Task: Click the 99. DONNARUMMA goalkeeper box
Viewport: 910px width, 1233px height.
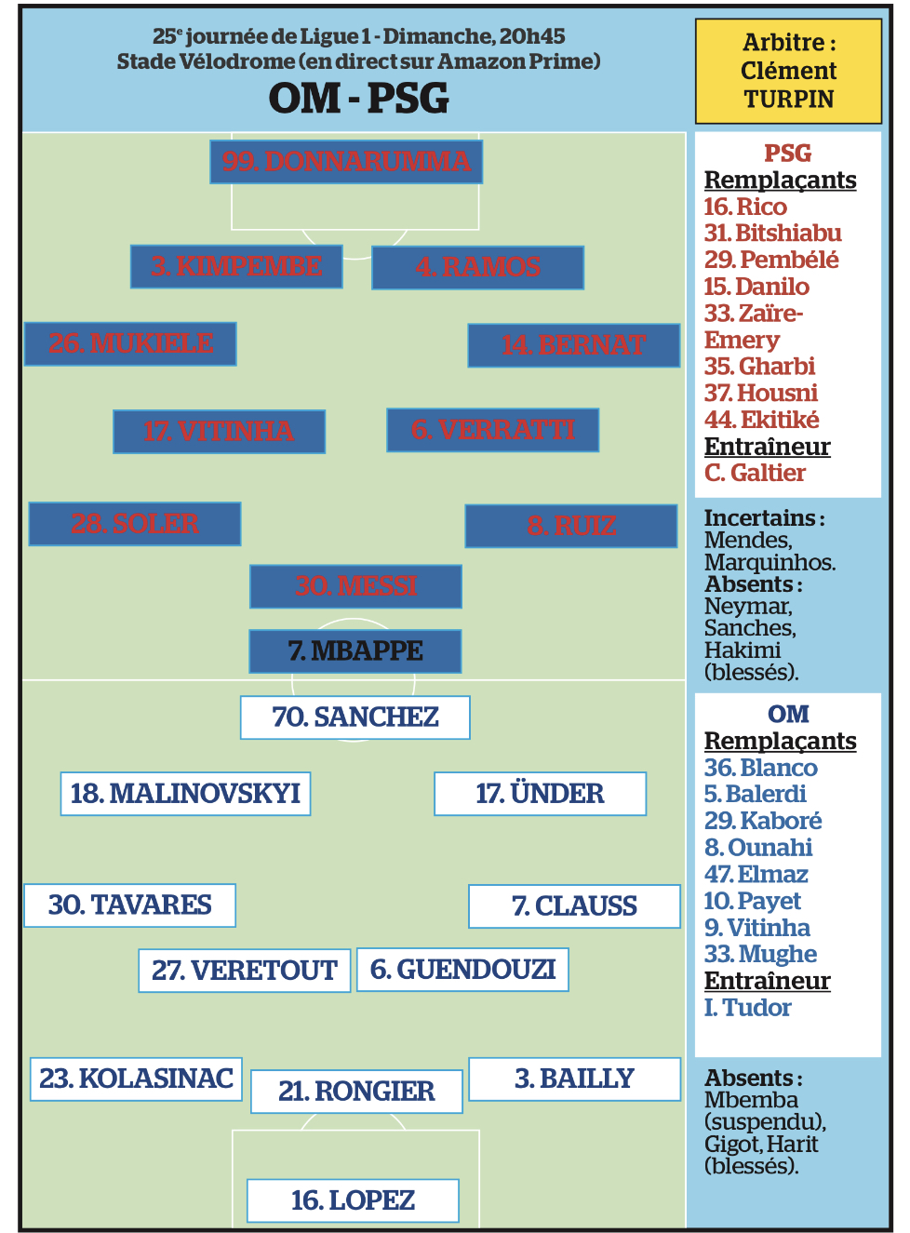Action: [x=346, y=162]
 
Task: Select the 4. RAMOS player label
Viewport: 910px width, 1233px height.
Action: [x=477, y=268]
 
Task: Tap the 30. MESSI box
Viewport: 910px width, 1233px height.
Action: [x=355, y=586]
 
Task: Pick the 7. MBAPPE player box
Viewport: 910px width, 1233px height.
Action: [x=355, y=651]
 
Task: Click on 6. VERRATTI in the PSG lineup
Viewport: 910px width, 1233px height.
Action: [x=492, y=430]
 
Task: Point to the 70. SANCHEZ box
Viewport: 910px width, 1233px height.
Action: [x=355, y=717]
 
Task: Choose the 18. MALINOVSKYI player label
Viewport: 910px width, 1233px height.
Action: [x=185, y=794]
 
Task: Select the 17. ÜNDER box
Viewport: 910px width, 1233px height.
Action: [x=540, y=794]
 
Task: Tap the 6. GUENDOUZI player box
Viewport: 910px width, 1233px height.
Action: [x=462, y=970]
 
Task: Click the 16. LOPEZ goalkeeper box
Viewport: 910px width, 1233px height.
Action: [x=353, y=1200]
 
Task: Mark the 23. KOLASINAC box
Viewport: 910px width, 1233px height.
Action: [x=136, y=1079]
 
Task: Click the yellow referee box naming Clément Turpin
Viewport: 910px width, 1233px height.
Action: [x=788, y=71]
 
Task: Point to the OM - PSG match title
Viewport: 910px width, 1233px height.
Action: [x=358, y=99]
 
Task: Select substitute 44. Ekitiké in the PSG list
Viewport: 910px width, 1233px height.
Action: [x=761, y=420]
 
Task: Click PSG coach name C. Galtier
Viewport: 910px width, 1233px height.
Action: [x=755, y=473]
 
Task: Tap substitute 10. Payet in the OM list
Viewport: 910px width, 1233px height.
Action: [x=752, y=901]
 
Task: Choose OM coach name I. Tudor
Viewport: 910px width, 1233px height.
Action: [x=747, y=1008]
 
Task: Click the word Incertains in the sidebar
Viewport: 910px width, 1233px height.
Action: [x=759, y=517]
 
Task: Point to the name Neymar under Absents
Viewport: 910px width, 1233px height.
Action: [x=748, y=607]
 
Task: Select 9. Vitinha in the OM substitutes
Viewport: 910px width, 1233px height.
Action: [x=756, y=928]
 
